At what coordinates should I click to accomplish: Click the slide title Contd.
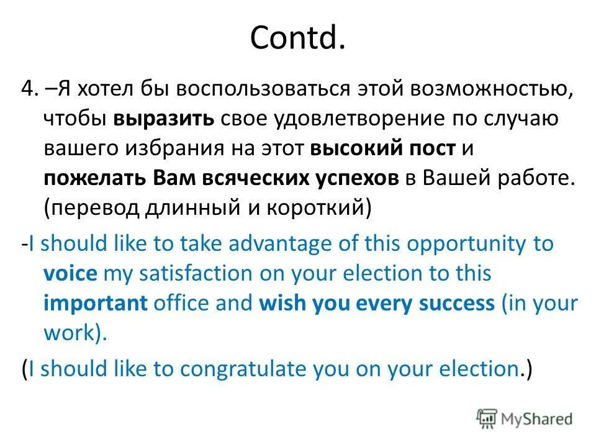[297, 38]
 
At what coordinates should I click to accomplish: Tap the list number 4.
[29, 89]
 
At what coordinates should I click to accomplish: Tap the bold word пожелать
[87, 179]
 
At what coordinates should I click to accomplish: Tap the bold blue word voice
[70, 274]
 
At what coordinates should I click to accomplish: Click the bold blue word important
[96, 304]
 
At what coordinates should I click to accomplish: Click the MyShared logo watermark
[525, 418]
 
